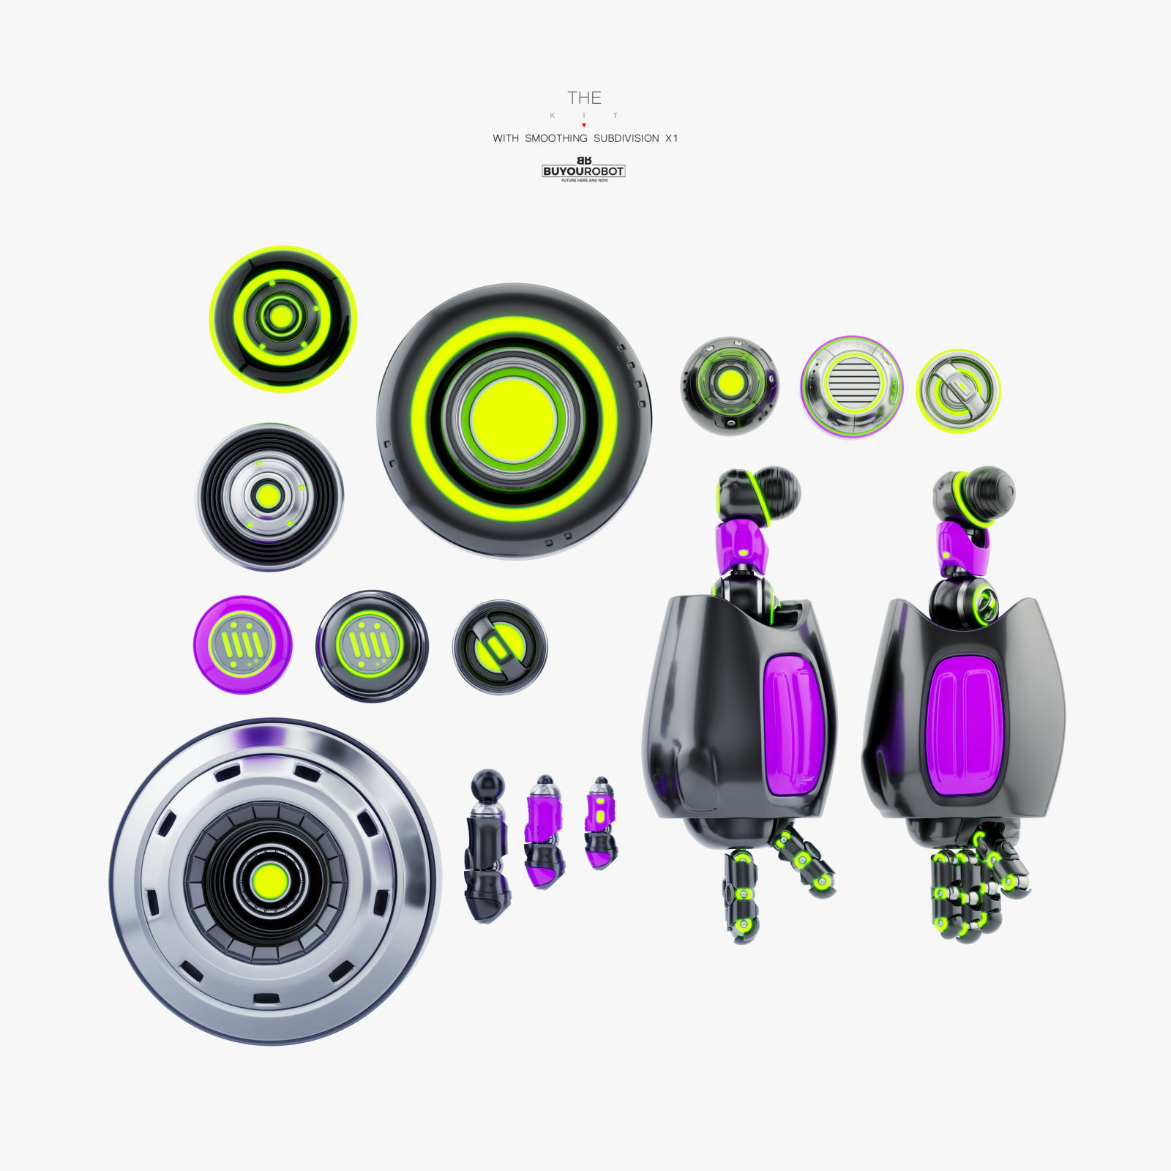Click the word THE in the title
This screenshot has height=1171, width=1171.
pyautogui.click(x=584, y=98)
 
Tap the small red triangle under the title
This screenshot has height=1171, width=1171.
pyautogui.click(x=584, y=125)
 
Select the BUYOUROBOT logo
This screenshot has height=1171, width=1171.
pyautogui.click(x=583, y=171)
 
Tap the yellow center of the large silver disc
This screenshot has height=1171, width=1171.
pyautogui.click(x=269, y=881)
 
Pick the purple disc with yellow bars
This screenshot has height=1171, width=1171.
pyautogui.click(x=242, y=645)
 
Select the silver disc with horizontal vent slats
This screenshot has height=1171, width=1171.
pyautogui.click(x=851, y=386)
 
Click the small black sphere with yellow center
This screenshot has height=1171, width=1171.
pyautogui.click(x=730, y=384)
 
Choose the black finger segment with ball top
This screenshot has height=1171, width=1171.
pyautogui.click(x=487, y=845)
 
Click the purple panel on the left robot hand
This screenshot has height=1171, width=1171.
pyautogui.click(x=793, y=725)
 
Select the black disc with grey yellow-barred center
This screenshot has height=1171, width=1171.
pyautogui.click(x=372, y=645)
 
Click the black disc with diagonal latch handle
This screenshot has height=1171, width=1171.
pyautogui.click(x=500, y=647)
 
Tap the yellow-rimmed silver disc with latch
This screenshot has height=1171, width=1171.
pyautogui.click(x=958, y=391)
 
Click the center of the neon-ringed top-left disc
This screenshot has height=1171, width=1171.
pyautogui.click(x=282, y=318)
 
